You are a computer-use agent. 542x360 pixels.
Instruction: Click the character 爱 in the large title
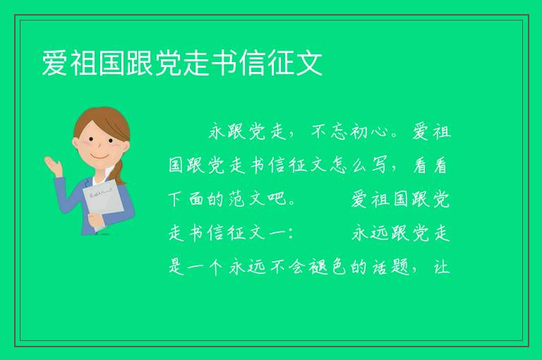click(55, 63)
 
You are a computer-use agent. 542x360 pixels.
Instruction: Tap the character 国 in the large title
click(112, 63)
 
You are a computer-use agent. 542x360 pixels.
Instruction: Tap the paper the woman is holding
click(103, 203)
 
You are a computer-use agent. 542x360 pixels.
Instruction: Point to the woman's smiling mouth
click(99, 156)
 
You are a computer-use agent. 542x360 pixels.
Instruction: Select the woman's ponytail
click(120, 172)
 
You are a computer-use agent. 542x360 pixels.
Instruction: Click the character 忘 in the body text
click(339, 132)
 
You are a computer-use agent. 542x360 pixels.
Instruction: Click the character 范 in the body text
click(236, 199)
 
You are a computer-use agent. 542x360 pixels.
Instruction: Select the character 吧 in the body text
click(277, 199)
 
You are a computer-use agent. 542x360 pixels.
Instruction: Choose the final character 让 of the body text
click(441, 267)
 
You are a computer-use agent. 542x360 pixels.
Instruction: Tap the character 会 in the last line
click(297, 267)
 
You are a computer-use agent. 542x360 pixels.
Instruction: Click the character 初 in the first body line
click(359, 132)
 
